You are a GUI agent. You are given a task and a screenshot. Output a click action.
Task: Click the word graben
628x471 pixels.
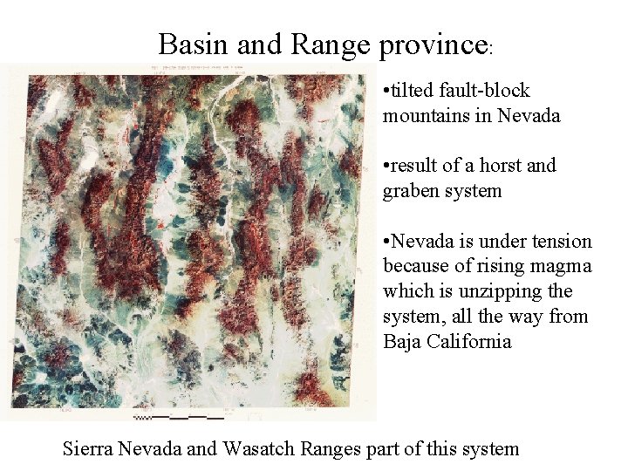412,190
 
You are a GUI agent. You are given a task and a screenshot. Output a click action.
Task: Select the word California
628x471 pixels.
469,341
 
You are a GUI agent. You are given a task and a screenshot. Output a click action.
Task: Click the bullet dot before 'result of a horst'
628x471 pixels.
386,166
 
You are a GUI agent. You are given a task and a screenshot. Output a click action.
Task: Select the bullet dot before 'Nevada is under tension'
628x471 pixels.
386,242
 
